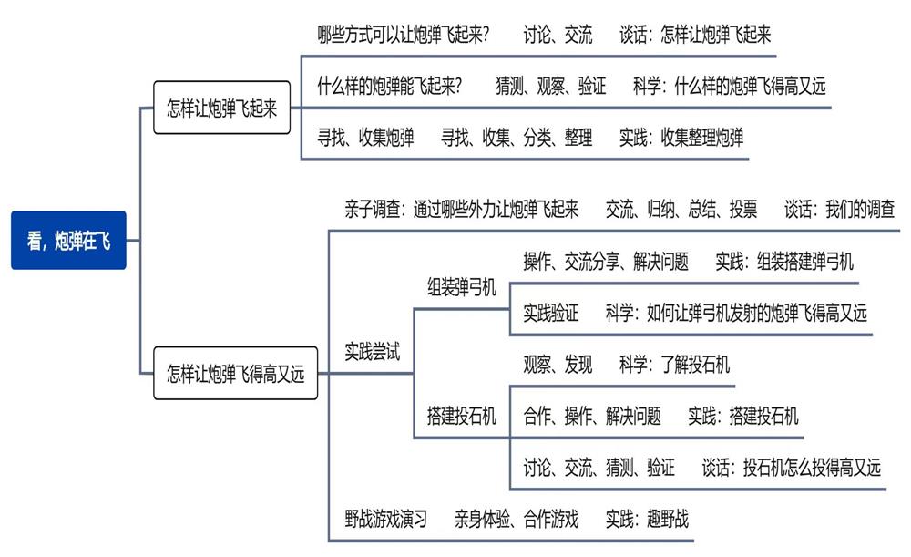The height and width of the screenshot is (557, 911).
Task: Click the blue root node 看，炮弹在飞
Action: point(68,241)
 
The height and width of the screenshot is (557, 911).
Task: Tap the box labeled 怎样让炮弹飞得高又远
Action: point(235,373)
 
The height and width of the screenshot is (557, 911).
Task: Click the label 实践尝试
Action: point(373,350)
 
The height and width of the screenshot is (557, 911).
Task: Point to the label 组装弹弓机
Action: point(462,288)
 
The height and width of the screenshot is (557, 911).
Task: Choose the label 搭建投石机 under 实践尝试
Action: point(462,417)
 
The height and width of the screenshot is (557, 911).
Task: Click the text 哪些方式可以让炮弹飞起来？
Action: point(404,35)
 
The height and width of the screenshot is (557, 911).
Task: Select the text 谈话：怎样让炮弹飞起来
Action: point(695,35)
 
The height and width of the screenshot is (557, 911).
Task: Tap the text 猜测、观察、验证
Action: point(550,87)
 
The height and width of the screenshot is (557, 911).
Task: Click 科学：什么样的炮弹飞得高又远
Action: point(729,87)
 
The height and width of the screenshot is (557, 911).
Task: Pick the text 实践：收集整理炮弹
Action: point(681,138)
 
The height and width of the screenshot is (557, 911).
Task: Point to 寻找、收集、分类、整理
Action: point(517,138)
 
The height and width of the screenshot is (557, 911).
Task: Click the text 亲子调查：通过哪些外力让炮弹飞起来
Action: point(462,209)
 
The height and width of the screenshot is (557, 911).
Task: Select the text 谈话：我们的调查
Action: point(839,209)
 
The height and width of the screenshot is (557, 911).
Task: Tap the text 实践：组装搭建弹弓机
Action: point(784,262)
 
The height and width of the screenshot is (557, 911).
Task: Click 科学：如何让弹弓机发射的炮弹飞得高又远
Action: point(736,313)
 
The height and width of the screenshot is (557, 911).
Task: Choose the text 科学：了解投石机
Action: point(674,366)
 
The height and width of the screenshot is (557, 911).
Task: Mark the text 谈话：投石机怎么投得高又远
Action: point(791,468)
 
